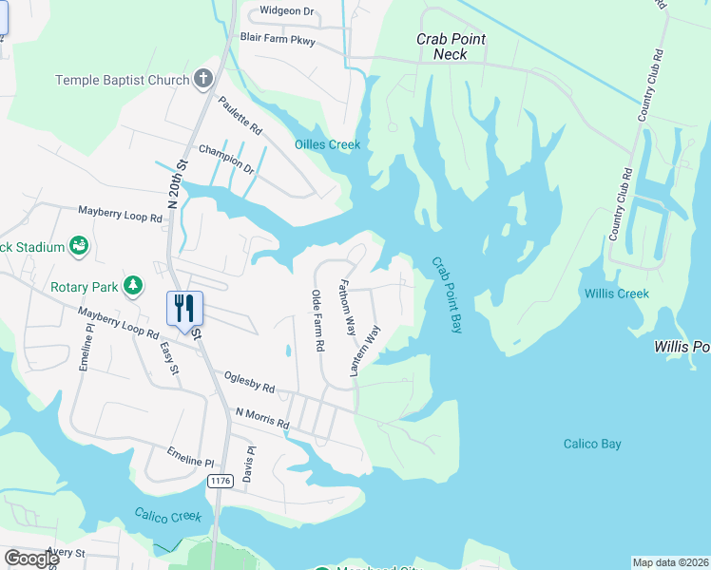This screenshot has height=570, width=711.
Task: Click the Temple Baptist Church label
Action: coord(123,80)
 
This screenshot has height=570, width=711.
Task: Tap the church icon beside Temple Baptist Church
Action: coord(202,79)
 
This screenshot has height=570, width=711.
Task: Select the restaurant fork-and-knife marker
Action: coord(184,308)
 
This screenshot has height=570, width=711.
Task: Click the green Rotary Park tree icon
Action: coord(134,285)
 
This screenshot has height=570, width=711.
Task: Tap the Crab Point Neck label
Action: coord(452,47)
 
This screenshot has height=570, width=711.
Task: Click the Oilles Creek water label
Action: coord(327,144)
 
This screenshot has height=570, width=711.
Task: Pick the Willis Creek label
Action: coord(617,294)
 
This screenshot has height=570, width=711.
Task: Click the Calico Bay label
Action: coord(592,444)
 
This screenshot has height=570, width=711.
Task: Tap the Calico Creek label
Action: coord(167,516)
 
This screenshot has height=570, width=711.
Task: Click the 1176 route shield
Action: coord(220,482)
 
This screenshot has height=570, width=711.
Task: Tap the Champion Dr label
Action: coord(226,159)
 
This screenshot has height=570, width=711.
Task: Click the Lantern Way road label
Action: coord(365,351)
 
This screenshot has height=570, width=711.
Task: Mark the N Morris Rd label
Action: coord(261,418)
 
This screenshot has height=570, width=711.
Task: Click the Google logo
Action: coord(30,559)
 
